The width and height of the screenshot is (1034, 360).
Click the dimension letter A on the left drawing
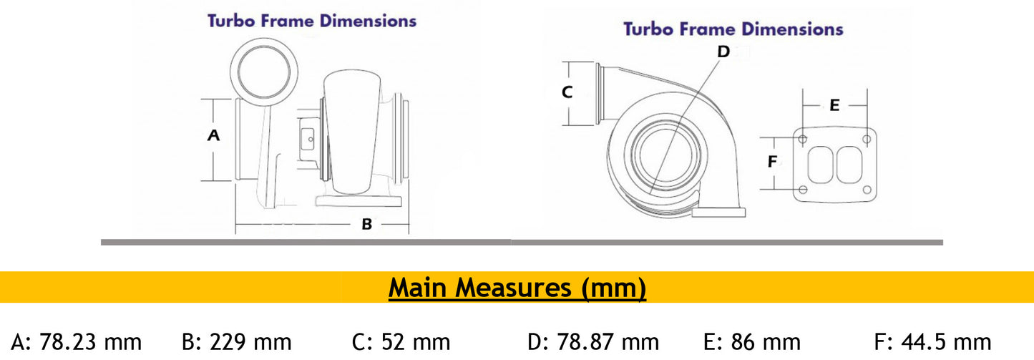pyautogui.click(x=213, y=135)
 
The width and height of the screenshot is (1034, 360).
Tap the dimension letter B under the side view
pyautogui.click(x=366, y=225)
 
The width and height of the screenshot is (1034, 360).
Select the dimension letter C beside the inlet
pyautogui.click(x=567, y=92)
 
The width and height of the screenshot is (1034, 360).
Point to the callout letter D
pyautogui.click(x=723, y=52)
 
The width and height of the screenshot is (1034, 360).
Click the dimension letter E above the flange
pyautogui.click(x=834, y=105)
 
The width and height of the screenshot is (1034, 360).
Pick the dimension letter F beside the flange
pyautogui.click(x=772, y=162)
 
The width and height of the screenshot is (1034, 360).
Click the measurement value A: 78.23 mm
pyautogui.click(x=77, y=342)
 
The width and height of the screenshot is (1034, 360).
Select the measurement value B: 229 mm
pyautogui.click(x=237, y=342)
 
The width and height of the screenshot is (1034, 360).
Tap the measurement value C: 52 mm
pyautogui.click(x=401, y=342)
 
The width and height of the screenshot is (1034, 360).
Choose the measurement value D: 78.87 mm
pyautogui.click(x=593, y=342)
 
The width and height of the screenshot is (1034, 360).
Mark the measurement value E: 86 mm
pyautogui.click(x=753, y=342)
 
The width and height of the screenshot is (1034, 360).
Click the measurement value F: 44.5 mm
pyautogui.click(x=933, y=342)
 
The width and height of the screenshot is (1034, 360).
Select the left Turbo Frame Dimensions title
pyautogui.click(x=312, y=21)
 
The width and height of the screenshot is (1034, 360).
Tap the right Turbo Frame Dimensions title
pyautogui.click(x=733, y=29)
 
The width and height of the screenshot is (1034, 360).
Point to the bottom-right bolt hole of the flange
pyautogui.click(x=867, y=190)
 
